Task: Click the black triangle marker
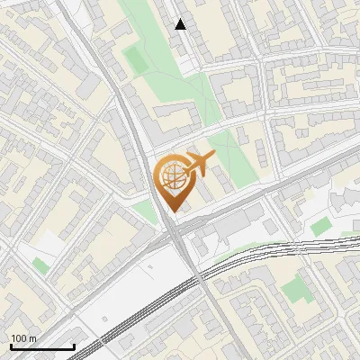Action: pos(181,25)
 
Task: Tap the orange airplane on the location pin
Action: pos(196,165)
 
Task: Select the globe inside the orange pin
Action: pos(171,175)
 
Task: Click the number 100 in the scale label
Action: pos(19,338)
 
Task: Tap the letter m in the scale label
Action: pos(32,338)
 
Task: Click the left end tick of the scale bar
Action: pos(10,346)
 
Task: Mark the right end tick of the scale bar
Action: pos(74,346)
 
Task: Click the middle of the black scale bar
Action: pos(41,346)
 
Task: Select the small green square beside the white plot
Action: pos(40,265)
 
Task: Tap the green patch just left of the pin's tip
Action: pos(145,212)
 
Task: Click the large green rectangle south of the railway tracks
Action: pos(294,289)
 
